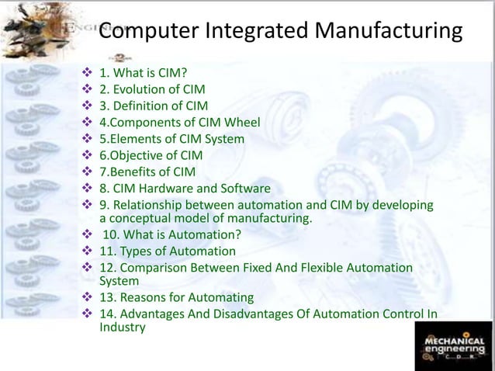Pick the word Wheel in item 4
(x=243, y=123)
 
